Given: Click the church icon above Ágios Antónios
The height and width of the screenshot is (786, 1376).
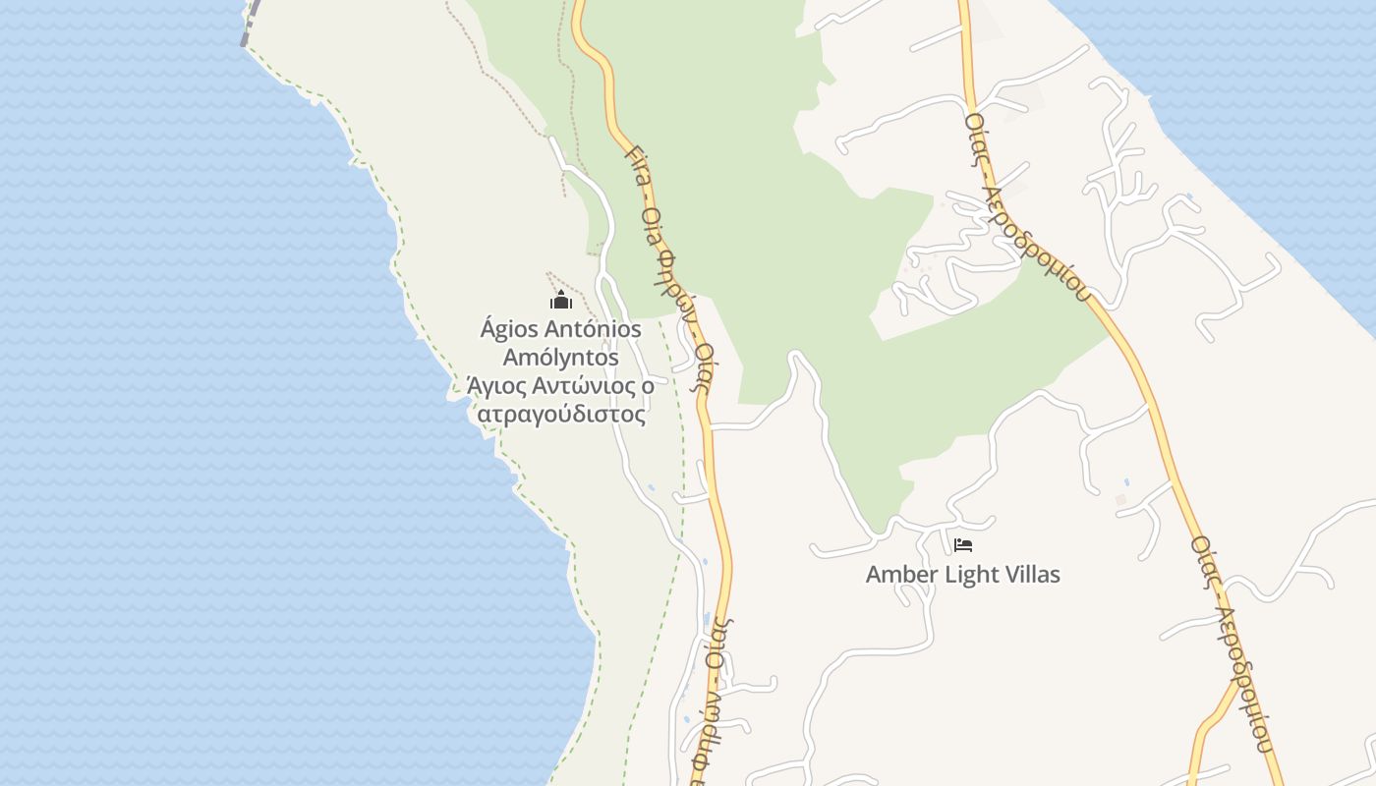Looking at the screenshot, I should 561,301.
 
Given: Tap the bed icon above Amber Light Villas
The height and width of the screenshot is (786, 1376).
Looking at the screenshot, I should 963,544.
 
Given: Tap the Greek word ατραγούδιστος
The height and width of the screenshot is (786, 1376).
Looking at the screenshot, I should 561,415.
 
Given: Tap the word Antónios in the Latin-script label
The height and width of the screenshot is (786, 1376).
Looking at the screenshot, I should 587,329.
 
